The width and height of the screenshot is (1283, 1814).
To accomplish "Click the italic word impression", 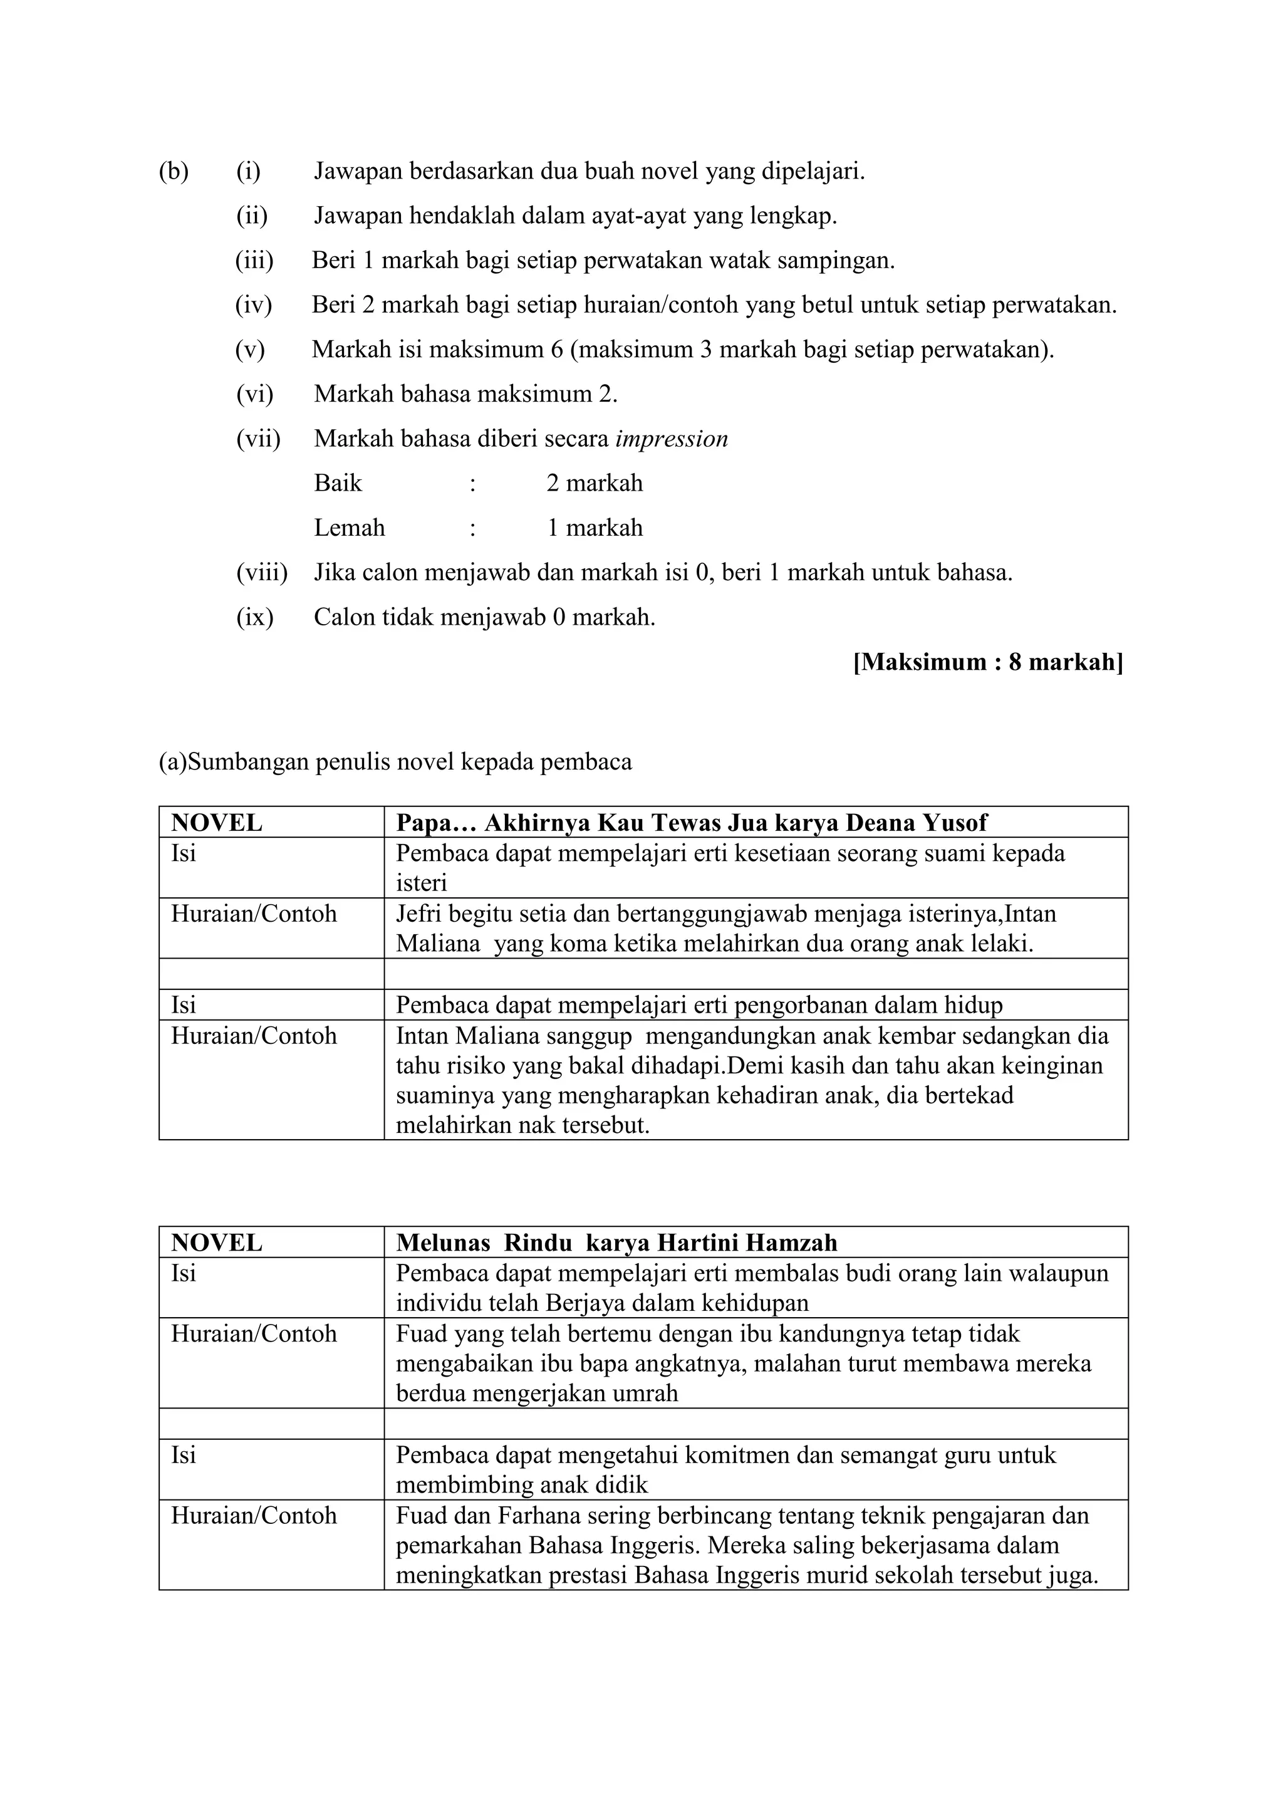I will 671,439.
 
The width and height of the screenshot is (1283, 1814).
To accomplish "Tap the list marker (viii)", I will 261,572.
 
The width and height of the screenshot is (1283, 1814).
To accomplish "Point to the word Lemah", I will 349,528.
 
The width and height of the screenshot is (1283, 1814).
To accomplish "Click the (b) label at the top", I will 174,170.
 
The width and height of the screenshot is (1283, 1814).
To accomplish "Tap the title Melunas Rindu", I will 484,1243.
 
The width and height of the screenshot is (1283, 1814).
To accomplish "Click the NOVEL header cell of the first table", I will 217,823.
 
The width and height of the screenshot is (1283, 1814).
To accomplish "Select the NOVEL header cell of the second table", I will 217,1243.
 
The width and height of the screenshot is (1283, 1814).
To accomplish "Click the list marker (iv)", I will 253,305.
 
